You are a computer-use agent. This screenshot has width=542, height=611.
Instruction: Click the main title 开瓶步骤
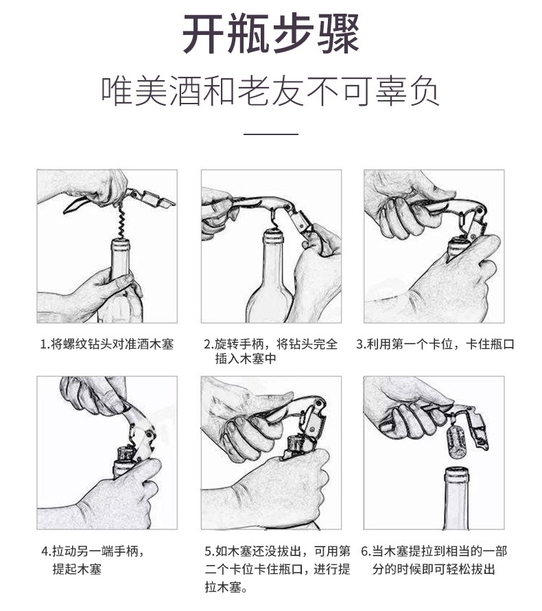point(270,34)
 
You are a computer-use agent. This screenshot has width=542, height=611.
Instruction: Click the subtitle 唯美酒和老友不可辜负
point(270,91)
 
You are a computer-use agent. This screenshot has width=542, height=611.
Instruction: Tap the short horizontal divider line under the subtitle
point(271,134)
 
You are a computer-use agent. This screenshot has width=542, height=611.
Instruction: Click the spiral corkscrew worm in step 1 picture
point(121,220)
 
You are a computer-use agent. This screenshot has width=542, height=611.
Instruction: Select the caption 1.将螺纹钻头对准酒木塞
point(107,344)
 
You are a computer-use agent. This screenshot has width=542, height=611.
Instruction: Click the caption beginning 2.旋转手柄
point(270,351)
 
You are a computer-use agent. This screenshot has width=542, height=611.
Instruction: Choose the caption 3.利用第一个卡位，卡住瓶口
point(435,344)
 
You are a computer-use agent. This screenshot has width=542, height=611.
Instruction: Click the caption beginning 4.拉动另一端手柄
point(93,560)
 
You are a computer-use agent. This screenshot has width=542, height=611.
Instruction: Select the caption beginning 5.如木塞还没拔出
point(278,569)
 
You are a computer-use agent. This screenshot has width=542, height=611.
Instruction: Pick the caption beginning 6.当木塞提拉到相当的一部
point(434,560)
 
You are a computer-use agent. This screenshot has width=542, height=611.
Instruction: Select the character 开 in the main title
point(204,34)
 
